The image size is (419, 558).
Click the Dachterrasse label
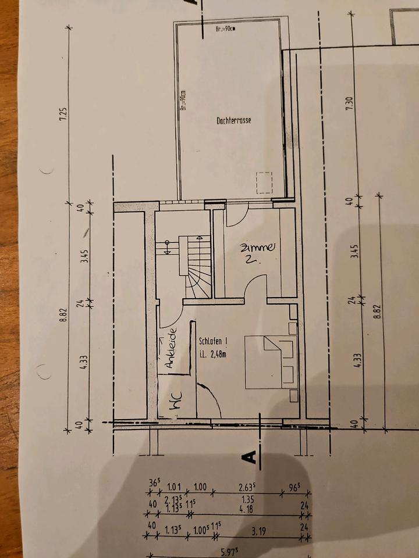(233, 121)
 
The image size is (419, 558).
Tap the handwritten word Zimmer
(257, 248)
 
